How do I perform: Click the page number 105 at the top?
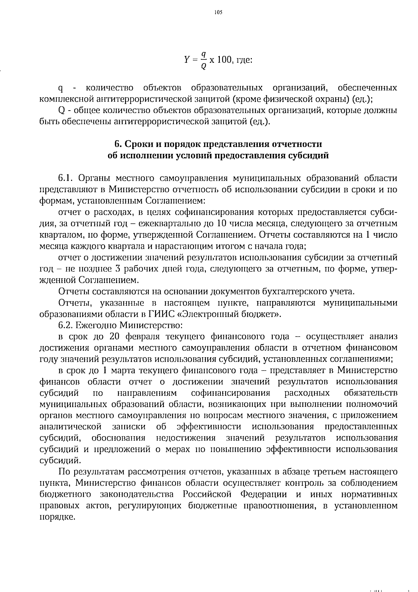click(218, 13)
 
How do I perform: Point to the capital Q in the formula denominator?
click(204, 66)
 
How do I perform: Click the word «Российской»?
click(207, 494)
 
